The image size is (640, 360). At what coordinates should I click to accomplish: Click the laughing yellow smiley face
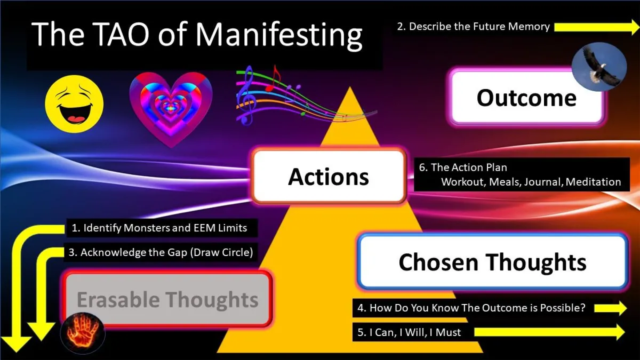(x=74, y=104)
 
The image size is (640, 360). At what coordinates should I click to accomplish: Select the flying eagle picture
(x=599, y=67)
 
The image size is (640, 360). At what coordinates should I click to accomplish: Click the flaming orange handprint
(x=83, y=333)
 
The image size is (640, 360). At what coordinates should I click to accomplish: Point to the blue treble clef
(x=246, y=95)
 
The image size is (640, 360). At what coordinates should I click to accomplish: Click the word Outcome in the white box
(x=526, y=98)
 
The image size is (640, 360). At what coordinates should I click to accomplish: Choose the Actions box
(x=329, y=177)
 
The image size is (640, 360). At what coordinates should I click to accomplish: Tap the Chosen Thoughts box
(x=493, y=262)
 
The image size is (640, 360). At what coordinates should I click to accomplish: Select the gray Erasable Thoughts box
(x=167, y=299)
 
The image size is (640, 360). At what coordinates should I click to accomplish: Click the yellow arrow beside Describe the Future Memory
(x=597, y=27)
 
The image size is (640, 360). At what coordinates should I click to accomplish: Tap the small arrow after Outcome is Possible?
(x=610, y=308)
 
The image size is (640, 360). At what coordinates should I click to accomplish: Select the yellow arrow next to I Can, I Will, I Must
(x=549, y=332)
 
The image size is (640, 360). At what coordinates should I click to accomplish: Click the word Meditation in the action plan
(x=593, y=182)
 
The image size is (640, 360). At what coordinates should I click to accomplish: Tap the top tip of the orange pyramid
(x=350, y=87)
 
